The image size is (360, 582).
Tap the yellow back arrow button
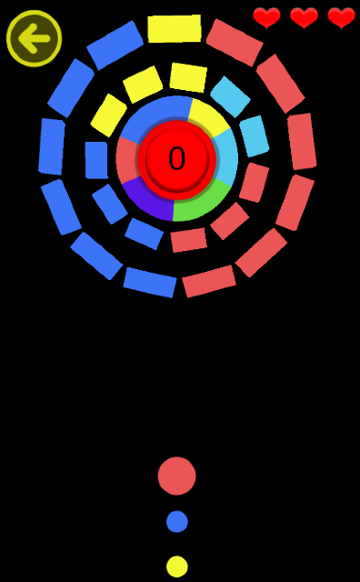click(35, 38)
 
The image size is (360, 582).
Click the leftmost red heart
click(266, 17)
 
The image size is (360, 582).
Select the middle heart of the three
click(304, 17)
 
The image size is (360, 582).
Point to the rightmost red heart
click(342, 17)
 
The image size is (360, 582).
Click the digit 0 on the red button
click(176, 158)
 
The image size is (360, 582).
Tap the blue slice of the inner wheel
click(155, 113)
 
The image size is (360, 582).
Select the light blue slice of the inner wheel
click(227, 156)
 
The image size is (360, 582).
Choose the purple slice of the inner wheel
click(148, 200)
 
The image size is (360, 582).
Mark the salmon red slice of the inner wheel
click(127, 160)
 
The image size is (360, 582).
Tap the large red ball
click(176, 476)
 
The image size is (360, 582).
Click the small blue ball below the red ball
click(177, 521)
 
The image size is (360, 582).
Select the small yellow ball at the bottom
click(177, 567)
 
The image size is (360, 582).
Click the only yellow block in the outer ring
click(175, 28)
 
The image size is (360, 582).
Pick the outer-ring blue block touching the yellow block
click(115, 45)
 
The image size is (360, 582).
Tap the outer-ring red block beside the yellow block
click(235, 43)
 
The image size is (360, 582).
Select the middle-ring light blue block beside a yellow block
click(230, 96)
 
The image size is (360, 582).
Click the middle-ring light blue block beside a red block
click(255, 135)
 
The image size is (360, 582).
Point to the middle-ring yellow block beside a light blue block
click(188, 77)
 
